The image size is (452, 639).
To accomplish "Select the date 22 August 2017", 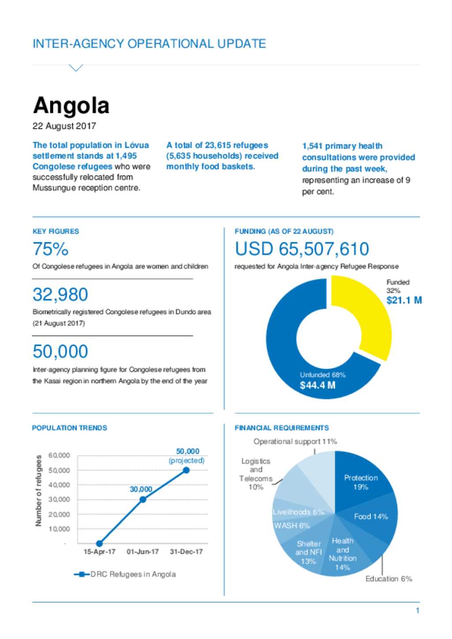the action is pos(64,126).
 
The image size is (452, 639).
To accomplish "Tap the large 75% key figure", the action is pos(50,249).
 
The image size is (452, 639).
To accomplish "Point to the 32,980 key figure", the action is pos(60,295).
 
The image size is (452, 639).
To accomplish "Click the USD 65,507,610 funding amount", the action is pos(302,249).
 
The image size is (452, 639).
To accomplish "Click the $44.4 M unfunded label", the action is pos(317,385).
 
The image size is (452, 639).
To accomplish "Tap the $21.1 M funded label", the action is pos(404,300).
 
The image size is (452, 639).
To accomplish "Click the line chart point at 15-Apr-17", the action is pos(99,543).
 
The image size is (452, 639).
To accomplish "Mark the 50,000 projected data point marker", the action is pos(186,470).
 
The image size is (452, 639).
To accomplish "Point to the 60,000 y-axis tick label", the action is pos(59,455).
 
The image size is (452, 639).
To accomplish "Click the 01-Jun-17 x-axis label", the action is pos(143,552).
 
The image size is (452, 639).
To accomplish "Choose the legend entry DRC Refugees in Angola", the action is pos(125,574).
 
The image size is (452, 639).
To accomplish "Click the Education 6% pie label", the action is pos(389,579).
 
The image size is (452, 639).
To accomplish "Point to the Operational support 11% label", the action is pos(295,441).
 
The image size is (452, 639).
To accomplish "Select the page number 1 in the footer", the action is pos(418,610).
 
